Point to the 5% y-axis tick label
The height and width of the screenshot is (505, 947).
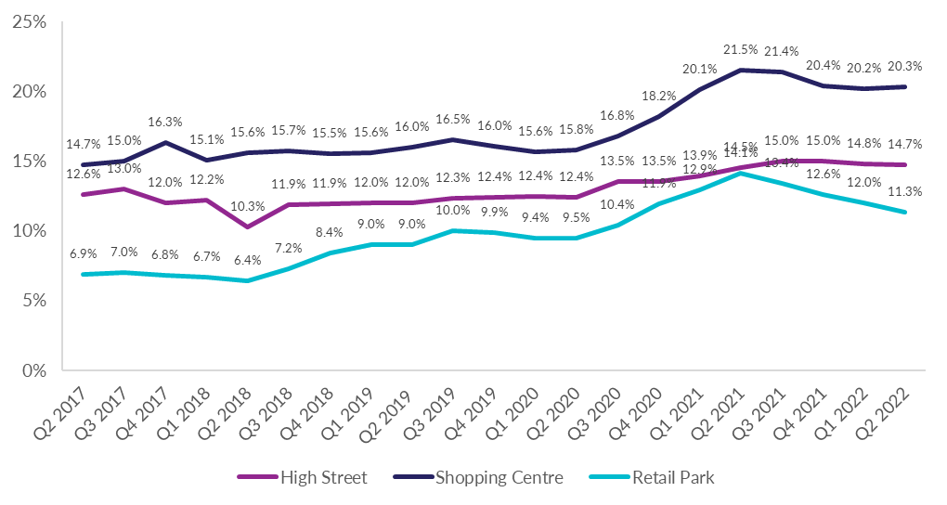click(33, 301)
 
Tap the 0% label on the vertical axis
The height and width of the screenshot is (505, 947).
click(33, 370)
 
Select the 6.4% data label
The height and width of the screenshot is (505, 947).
click(248, 261)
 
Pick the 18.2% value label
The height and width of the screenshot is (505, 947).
click(658, 96)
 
